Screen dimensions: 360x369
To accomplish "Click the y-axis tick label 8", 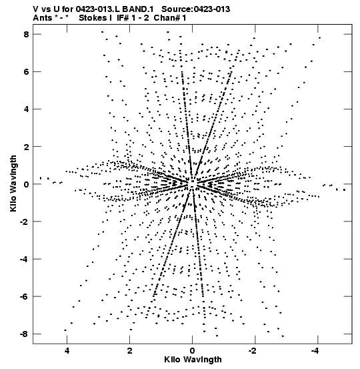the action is pyautogui.click(x=26, y=34).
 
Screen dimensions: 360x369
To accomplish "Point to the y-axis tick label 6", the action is pyautogui.click(x=26, y=72).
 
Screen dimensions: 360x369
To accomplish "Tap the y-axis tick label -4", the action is pyautogui.click(x=24, y=259).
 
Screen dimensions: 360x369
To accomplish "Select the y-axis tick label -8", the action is pyautogui.click(x=24, y=334).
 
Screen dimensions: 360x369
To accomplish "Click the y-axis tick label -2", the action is pyautogui.click(x=24, y=222).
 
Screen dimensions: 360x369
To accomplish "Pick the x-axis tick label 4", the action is pyautogui.click(x=67, y=351).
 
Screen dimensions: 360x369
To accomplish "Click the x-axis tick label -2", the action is pyautogui.click(x=253, y=351).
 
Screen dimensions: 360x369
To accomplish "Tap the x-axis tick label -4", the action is pyautogui.click(x=315, y=351).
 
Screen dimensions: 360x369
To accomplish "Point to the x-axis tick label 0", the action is pyautogui.click(x=193, y=351).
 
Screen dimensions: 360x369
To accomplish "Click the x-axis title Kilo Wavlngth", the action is pyautogui.click(x=193, y=360).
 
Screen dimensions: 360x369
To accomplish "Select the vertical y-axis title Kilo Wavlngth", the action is pyautogui.click(x=13, y=183).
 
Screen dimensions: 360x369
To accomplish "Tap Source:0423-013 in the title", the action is pyautogui.click(x=195, y=9).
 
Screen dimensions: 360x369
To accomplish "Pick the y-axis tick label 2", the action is pyautogui.click(x=26, y=147).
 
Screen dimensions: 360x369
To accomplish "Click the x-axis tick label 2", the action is pyautogui.click(x=129, y=351).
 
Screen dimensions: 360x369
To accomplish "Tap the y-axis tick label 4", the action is pyautogui.click(x=26, y=109).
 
